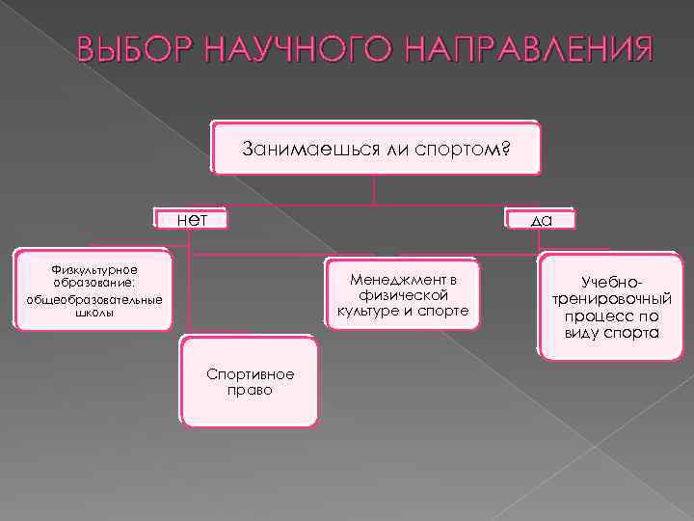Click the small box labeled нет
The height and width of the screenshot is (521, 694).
(x=193, y=219)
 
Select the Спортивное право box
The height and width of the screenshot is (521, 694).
(x=250, y=382)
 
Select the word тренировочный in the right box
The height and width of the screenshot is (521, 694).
(x=612, y=299)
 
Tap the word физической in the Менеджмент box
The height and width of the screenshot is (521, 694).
(x=403, y=294)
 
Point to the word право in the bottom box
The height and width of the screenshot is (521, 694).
(x=250, y=391)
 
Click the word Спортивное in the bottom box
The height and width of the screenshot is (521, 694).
(x=250, y=374)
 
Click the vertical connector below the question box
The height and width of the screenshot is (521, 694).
(x=374, y=190)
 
